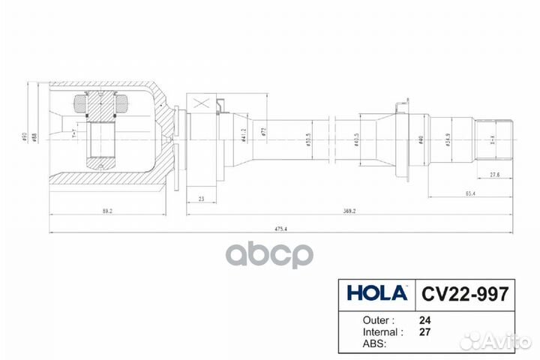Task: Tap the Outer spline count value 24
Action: pyautogui.click(x=424, y=319)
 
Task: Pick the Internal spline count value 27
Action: pyautogui.click(x=424, y=331)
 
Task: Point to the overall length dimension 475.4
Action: pyautogui.click(x=284, y=228)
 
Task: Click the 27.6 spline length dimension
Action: pyautogui.click(x=494, y=174)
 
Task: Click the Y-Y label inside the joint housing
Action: pyautogui.click(x=73, y=135)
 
